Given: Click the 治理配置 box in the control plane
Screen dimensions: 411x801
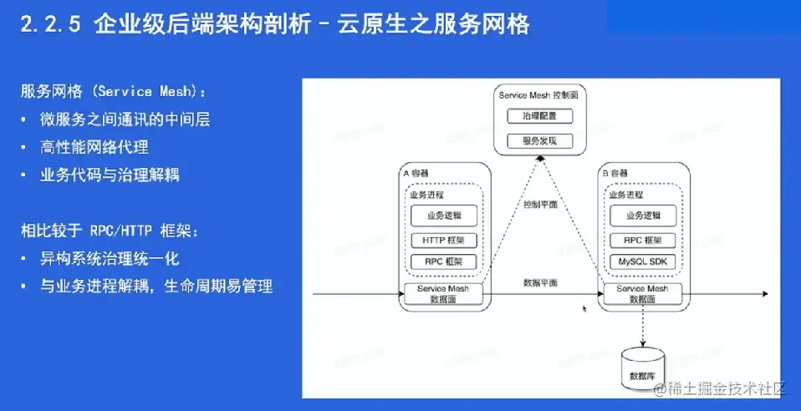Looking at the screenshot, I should (x=538, y=115).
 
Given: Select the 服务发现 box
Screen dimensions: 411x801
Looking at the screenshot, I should (x=538, y=140).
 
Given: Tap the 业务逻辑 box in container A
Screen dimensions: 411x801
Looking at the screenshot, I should (x=443, y=216).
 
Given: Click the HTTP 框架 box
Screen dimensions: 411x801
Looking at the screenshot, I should (x=443, y=240).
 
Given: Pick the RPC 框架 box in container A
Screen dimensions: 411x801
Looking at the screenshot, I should (x=443, y=262).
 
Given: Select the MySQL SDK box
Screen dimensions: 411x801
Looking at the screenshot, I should (x=641, y=262).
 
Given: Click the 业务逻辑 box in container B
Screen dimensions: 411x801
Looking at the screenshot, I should (x=641, y=216).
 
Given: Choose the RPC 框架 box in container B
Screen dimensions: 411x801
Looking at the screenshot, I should (x=641, y=240).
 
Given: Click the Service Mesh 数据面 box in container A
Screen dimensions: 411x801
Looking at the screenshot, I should (x=443, y=293).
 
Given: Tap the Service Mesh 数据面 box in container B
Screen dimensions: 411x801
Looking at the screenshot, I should (x=641, y=293).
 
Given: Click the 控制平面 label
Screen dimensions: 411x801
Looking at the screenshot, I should (x=539, y=205).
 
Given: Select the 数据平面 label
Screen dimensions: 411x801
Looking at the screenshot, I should (x=539, y=283).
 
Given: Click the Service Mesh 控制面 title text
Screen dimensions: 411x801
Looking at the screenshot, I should (x=538, y=96).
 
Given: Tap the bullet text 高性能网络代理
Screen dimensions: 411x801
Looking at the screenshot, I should (x=94, y=147).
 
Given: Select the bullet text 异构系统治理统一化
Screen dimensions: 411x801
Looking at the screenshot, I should (x=110, y=258).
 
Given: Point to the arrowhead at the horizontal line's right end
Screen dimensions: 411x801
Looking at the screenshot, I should (x=764, y=294).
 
